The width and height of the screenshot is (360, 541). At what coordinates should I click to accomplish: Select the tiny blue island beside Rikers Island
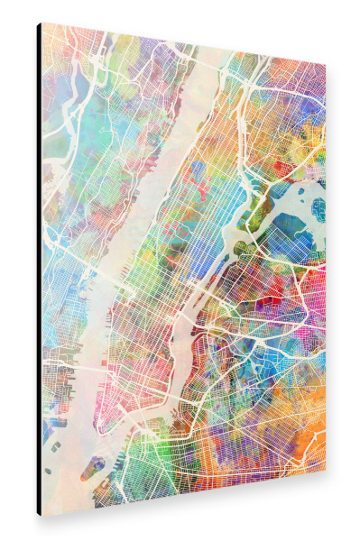point(318,208)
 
